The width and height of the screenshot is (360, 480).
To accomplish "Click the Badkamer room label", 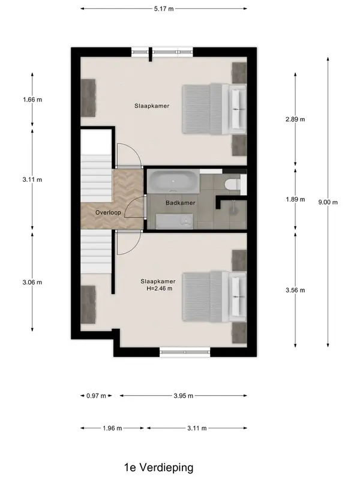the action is tap(181, 203).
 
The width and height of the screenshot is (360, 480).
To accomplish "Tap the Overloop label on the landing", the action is tap(108, 212).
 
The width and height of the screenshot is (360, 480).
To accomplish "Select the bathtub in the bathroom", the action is tap(173, 182).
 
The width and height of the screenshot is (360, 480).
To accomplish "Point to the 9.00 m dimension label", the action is tap(328, 202).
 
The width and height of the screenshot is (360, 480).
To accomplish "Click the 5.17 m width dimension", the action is tap(164, 9).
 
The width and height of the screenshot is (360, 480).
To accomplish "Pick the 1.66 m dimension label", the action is tap(32, 100).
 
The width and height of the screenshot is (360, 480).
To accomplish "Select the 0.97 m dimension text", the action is tap(96, 396).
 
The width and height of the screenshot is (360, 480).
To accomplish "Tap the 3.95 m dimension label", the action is tap(184, 396).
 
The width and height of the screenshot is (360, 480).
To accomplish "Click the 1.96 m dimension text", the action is tap(112, 428).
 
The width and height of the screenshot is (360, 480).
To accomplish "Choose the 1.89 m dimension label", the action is tap(295, 200).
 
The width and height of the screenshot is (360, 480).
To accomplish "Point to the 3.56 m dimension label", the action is tap(295, 290).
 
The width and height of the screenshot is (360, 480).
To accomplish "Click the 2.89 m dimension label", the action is tap(295, 119).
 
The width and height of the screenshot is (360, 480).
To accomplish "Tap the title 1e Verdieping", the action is tap(158, 467).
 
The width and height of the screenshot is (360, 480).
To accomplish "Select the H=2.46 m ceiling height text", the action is tap(159, 289).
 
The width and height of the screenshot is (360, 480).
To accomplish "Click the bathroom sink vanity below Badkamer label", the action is tap(175, 221).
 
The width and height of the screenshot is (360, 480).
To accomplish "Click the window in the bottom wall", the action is tap(185, 352).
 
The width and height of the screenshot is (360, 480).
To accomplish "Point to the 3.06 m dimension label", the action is tap(32, 282).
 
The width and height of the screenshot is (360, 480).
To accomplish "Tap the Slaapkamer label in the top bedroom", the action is tap(152, 106).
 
